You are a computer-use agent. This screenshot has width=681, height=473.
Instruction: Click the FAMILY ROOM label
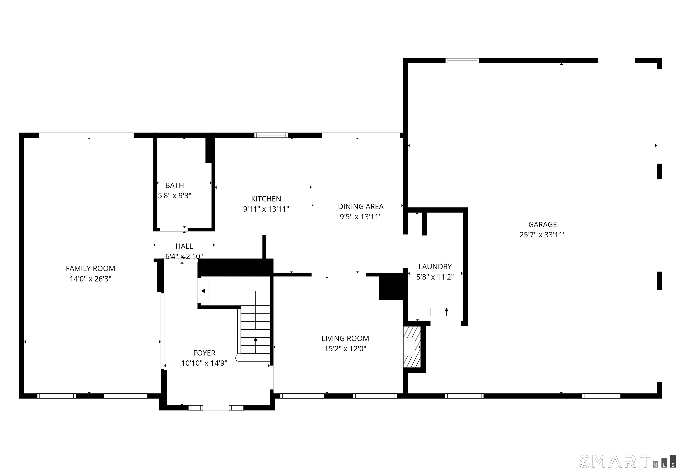click(x=90, y=268)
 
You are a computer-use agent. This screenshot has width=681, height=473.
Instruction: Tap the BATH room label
click(x=174, y=186)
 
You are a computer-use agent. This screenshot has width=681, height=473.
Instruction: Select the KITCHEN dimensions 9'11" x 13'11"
click(x=266, y=209)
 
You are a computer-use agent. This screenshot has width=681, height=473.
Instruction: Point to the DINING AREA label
click(x=361, y=207)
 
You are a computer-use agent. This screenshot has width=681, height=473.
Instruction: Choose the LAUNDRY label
click(x=435, y=267)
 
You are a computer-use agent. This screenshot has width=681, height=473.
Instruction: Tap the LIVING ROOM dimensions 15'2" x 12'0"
click(x=345, y=348)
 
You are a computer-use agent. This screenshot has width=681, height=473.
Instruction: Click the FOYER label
click(x=204, y=353)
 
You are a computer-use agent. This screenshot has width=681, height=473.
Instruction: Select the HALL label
click(x=184, y=246)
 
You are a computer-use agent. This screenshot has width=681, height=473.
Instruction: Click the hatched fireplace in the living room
click(x=412, y=347)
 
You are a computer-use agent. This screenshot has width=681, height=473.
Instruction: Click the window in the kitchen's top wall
click(x=271, y=135)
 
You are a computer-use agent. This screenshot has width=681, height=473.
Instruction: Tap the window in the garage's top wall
click(x=462, y=61)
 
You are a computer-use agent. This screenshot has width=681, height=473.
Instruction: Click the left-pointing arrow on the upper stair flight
click(x=203, y=291)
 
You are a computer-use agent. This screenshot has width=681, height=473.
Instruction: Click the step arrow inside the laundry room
click(x=446, y=311)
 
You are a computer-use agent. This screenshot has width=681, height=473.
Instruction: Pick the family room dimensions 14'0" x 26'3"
click(x=90, y=279)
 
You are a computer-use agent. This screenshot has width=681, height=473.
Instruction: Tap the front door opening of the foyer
click(x=216, y=408)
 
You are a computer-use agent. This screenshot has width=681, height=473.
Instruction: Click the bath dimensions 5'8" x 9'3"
click(x=174, y=195)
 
